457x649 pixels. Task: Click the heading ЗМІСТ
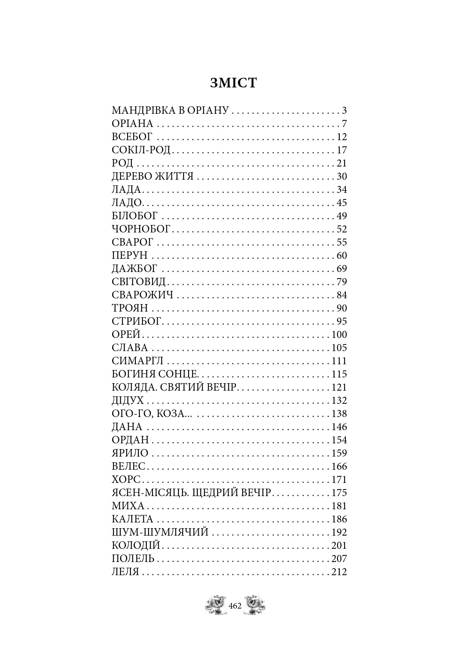pyautogui.click(x=233, y=83)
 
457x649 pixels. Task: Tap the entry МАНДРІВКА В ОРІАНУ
pyautogui.click(x=170, y=110)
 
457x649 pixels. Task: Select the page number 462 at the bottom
pyautogui.click(x=236, y=606)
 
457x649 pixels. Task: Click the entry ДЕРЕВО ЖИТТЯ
pyautogui.click(x=152, y=176)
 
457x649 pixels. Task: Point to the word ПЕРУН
pyautogui.click(x=130, y=255)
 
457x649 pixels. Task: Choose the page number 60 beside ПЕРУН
pyautogui.click(x=341, y=255)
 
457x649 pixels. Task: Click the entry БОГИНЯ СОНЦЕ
pyautogui.click(x=156, y=374)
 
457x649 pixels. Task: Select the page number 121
pyautogui.click(x=338, y=387)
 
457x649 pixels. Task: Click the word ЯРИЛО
pyautogui.click(x=130, y=453)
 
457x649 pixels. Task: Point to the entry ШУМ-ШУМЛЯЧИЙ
pyautogui.click(x=160, y=532)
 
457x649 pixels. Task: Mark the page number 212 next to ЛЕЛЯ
pyautogui.click(x=338, y=572)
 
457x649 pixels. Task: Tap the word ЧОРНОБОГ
pyautogui.click(x=141, y=229)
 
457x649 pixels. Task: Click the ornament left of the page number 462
pyautogui.click(x=216, y=605)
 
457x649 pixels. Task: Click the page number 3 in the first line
pyautogui.click(x=345, y=110)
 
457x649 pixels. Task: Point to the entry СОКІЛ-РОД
pyautogui.click(x=141, y=150)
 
